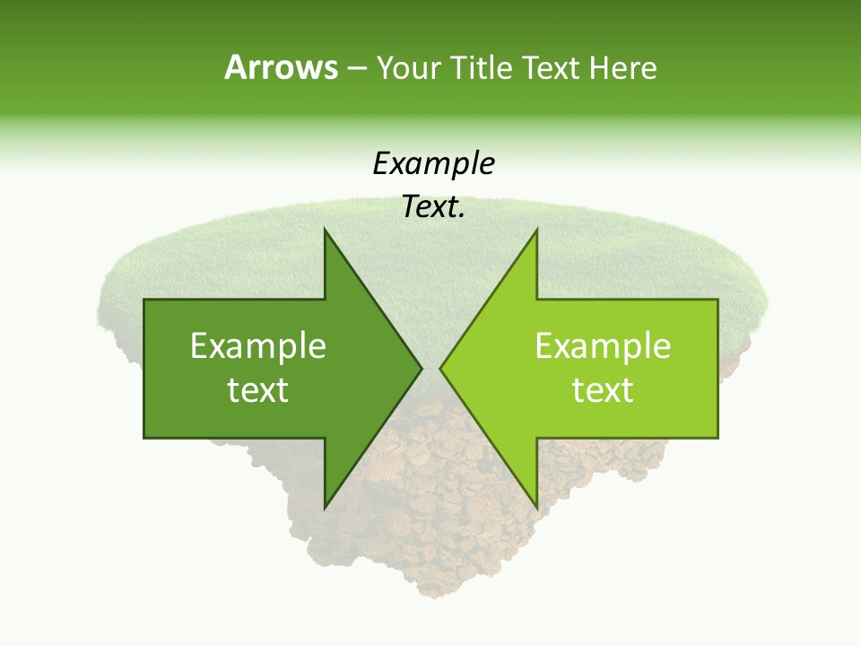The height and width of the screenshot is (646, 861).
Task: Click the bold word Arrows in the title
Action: point(281,67)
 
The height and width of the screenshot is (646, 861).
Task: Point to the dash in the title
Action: point(355,68)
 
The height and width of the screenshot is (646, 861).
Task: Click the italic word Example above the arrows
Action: point(433,164)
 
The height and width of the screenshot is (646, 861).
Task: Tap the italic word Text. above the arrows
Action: point(433,207)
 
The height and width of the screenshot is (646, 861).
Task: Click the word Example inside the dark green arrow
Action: point(258,346)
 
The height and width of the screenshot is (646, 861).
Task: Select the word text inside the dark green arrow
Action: point(258,390)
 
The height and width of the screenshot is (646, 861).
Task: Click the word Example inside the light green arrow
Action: point(603,346)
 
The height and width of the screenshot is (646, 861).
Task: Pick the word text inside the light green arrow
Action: point(603,390)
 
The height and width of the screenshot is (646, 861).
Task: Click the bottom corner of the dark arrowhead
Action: point(325,507)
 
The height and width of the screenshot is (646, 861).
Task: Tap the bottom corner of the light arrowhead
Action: point(536,507)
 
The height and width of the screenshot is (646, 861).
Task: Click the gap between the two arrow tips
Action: point(430,369)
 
